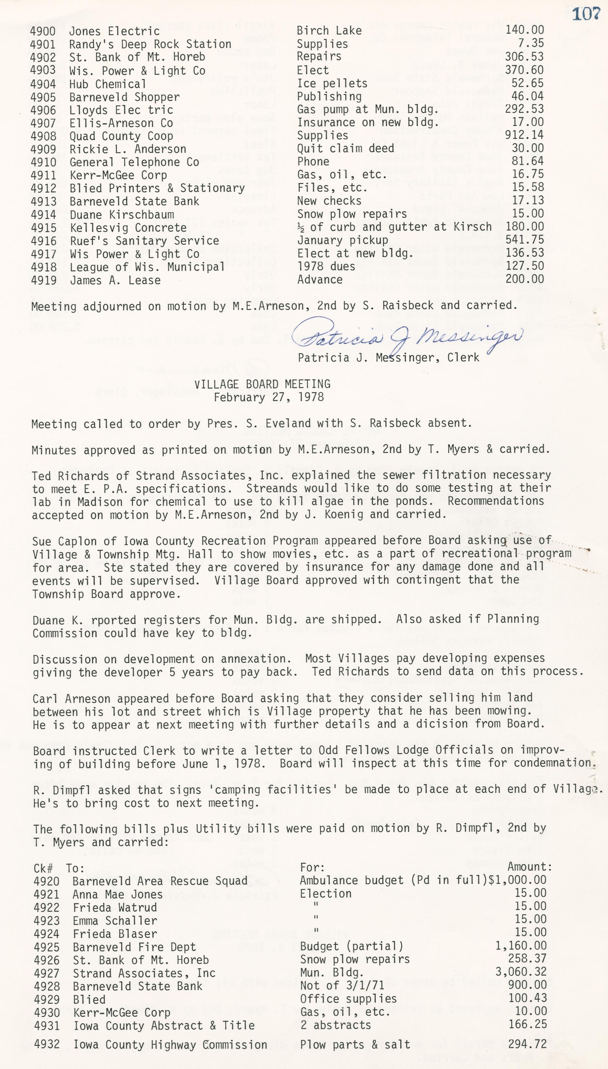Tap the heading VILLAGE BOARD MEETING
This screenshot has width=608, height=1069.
262,384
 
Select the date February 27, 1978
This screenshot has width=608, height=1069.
269,397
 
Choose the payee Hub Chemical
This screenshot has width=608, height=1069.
108,84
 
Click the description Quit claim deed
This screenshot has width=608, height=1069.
345,148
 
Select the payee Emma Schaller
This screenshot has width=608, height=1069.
115,921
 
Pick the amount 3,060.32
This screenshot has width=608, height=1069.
521,972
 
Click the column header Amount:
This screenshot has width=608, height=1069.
530,867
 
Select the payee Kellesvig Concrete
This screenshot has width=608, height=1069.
128,228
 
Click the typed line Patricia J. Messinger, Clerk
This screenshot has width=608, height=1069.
388,358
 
